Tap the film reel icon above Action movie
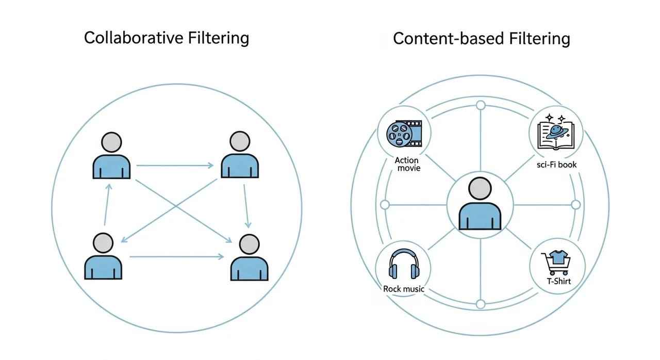tap(403, 133)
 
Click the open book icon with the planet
tap(556, 134)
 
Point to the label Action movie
tap(407, 165)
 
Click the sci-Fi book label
tap(556, 165)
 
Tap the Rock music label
tap(404, 289)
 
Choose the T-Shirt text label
tap(558, 282)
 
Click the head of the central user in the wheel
tap(480, 189)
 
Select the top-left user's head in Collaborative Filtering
tap(111, 141)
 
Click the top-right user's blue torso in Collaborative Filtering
tap(239, 166)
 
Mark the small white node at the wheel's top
tap(481, 106)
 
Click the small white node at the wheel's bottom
tap(481, 304)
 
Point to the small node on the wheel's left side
tap(385, 205)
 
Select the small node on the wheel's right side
tap(576, 205)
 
